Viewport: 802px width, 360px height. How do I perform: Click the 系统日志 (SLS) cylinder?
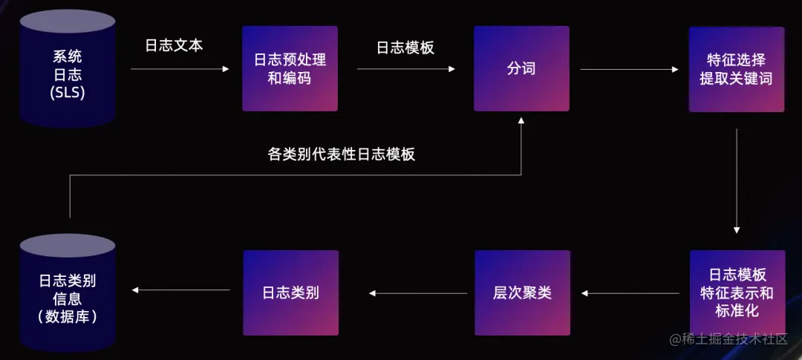tap(68, 68)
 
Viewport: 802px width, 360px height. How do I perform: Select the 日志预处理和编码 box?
tap(290, 68)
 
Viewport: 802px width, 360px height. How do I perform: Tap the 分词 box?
tap(521, 68)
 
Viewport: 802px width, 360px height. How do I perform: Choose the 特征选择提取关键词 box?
tap(736, 69)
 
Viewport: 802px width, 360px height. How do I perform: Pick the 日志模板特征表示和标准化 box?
tap(736, 293)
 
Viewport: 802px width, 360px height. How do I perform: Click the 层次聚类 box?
tap(522, 292)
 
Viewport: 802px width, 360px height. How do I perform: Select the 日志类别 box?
tap(290, 292)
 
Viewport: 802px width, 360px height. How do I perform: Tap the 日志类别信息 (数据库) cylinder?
tap(68, 294)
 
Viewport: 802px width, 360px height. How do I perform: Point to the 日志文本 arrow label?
tap(174, 45)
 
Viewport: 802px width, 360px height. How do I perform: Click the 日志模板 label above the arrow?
tap(405, 48)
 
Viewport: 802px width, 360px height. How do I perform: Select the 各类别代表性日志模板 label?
tap(341, 154)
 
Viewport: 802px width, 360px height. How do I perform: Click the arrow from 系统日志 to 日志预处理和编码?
tap(180, 69)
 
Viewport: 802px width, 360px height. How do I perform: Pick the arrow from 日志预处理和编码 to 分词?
tap(405, 69)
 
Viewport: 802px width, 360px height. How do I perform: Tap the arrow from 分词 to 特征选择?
tap(629, 69)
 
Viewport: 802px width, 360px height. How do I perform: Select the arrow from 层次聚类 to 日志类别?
tap(418, 293)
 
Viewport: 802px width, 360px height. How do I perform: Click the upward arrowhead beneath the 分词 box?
tap(521, 122)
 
